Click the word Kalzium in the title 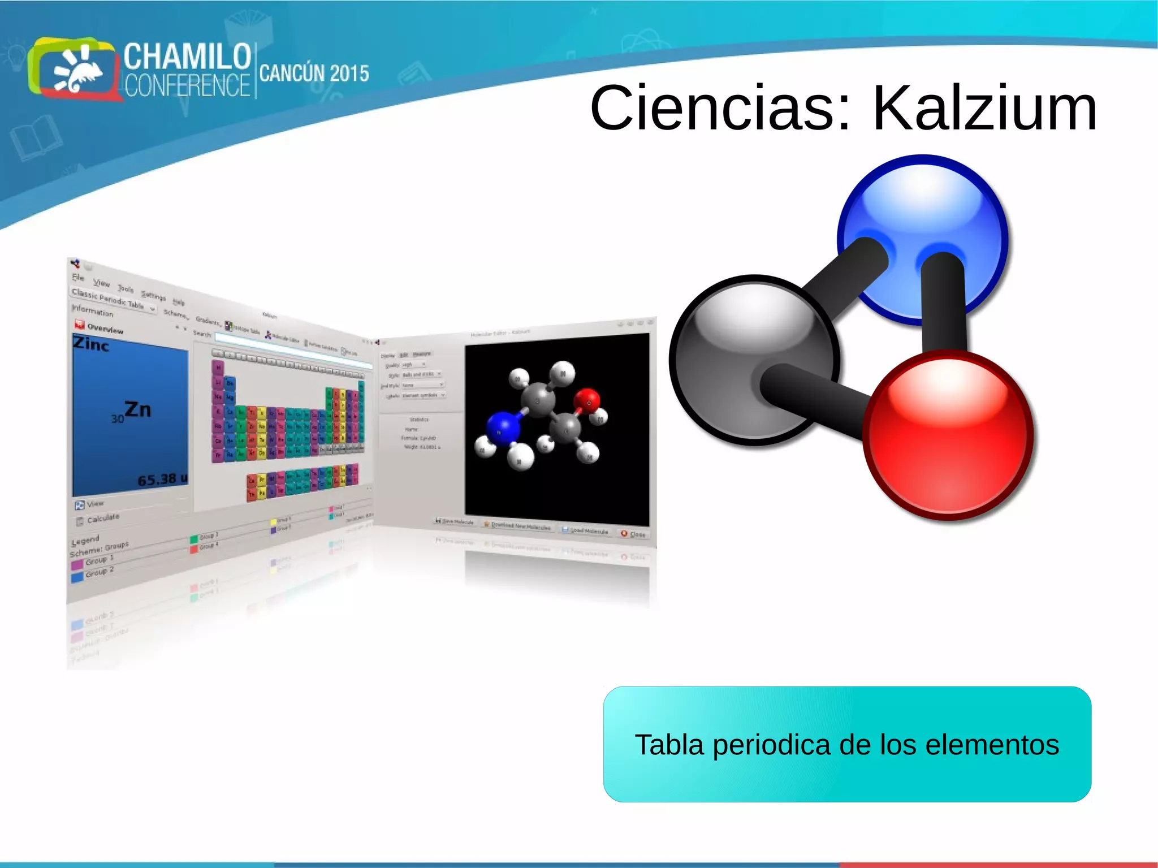click(984, 108)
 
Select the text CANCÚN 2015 click(314, 74)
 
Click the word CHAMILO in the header click(187, 56)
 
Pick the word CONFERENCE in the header click(187, 86)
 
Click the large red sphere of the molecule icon click(948, 435)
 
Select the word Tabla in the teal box click(669, 745)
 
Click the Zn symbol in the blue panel click(137, 409)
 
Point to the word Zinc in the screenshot click(91, 343)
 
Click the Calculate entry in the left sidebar click(103, 517)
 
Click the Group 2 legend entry click(99, 573)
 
